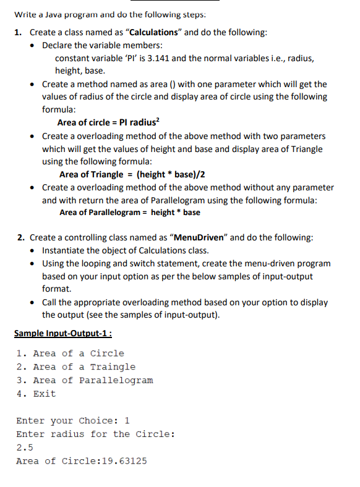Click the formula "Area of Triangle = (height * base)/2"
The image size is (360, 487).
(132, 174)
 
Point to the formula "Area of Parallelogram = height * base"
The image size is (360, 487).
(129, 213)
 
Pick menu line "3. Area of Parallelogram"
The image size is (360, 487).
(85, 380)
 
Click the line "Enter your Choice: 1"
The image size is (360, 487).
(73, 421)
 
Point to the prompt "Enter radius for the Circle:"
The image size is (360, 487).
(95, 434)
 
